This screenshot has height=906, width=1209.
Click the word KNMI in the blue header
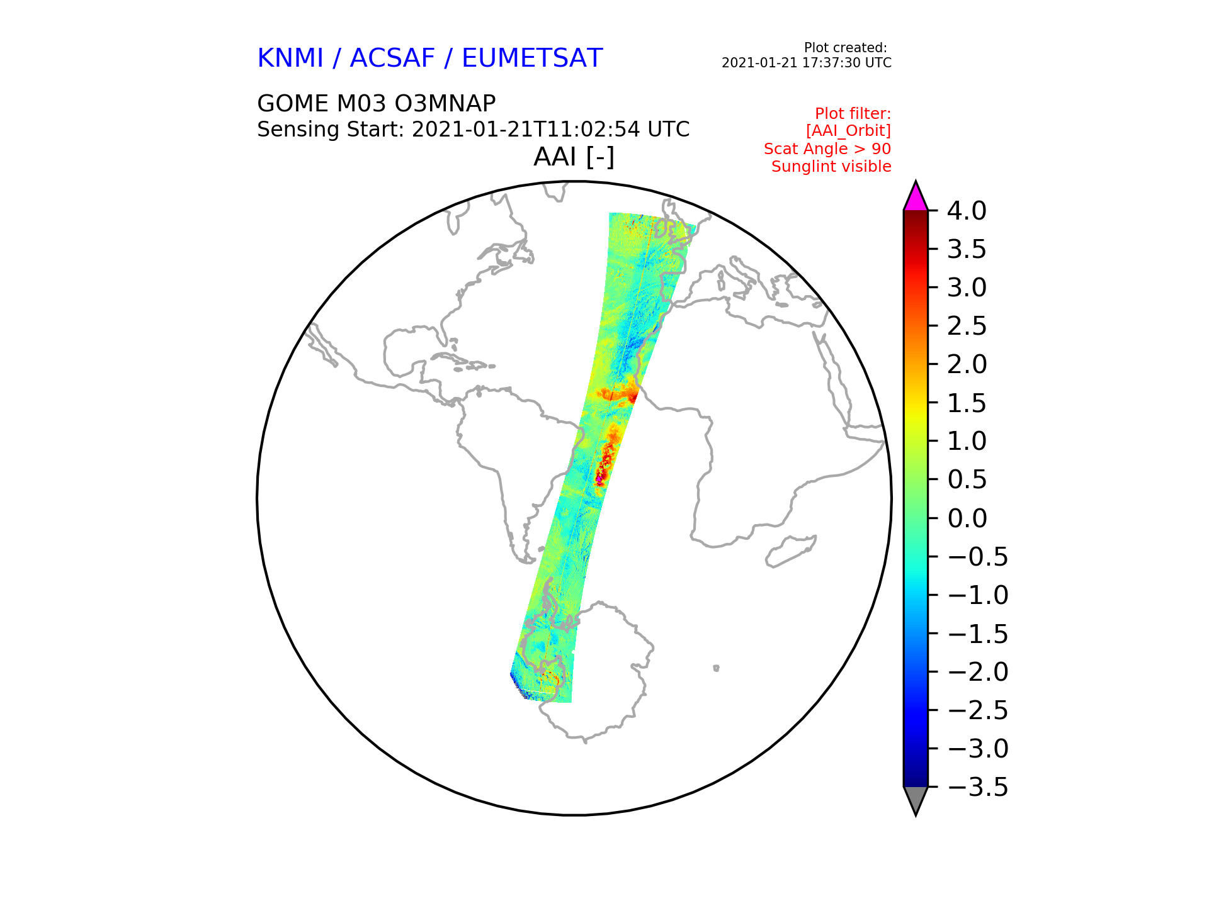290,58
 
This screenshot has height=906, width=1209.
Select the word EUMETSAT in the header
532,58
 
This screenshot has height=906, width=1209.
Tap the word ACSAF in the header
392,58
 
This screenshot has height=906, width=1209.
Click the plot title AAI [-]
574,157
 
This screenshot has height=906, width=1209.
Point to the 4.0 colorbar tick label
967,211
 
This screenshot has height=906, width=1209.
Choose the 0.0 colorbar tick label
967,518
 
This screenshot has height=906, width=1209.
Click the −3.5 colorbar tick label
977,787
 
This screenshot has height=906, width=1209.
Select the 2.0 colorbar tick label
967,364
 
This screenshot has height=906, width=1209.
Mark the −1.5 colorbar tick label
977,634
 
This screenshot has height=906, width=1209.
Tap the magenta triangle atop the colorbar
916,198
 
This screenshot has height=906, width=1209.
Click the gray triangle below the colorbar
916,799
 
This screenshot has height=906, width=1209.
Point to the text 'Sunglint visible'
831,167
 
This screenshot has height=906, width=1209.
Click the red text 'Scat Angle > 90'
827,149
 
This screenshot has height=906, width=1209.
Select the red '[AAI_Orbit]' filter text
848,131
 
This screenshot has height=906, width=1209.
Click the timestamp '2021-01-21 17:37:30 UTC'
807,63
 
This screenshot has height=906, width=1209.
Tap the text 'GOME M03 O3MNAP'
377,103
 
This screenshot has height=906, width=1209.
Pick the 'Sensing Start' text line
474,130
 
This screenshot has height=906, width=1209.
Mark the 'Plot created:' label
846,48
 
